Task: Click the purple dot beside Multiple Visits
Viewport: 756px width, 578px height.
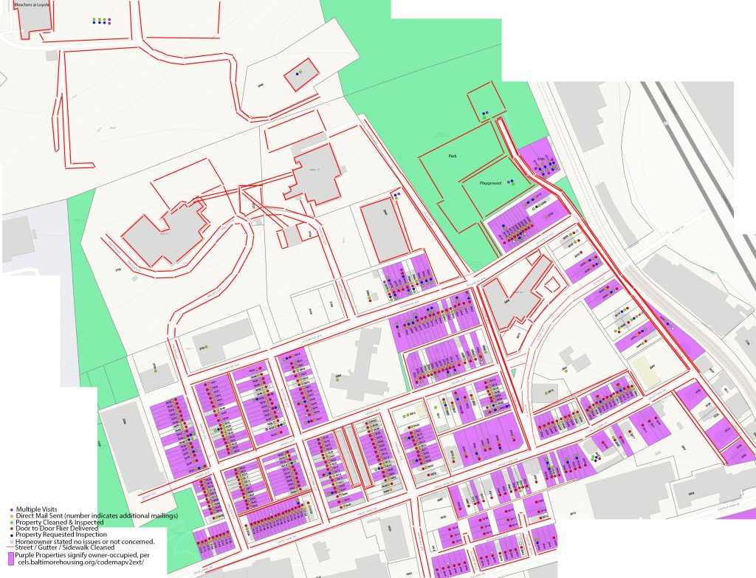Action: (x=11, y=509)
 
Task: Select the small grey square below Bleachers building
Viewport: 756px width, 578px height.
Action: (x=51, y=55)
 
